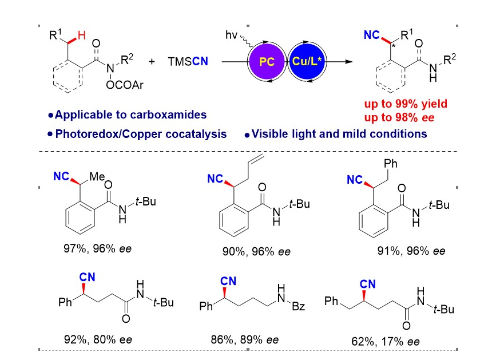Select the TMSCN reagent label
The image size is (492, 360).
188,61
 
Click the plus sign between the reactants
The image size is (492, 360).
152,61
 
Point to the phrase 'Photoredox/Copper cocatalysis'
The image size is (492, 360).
137,134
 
